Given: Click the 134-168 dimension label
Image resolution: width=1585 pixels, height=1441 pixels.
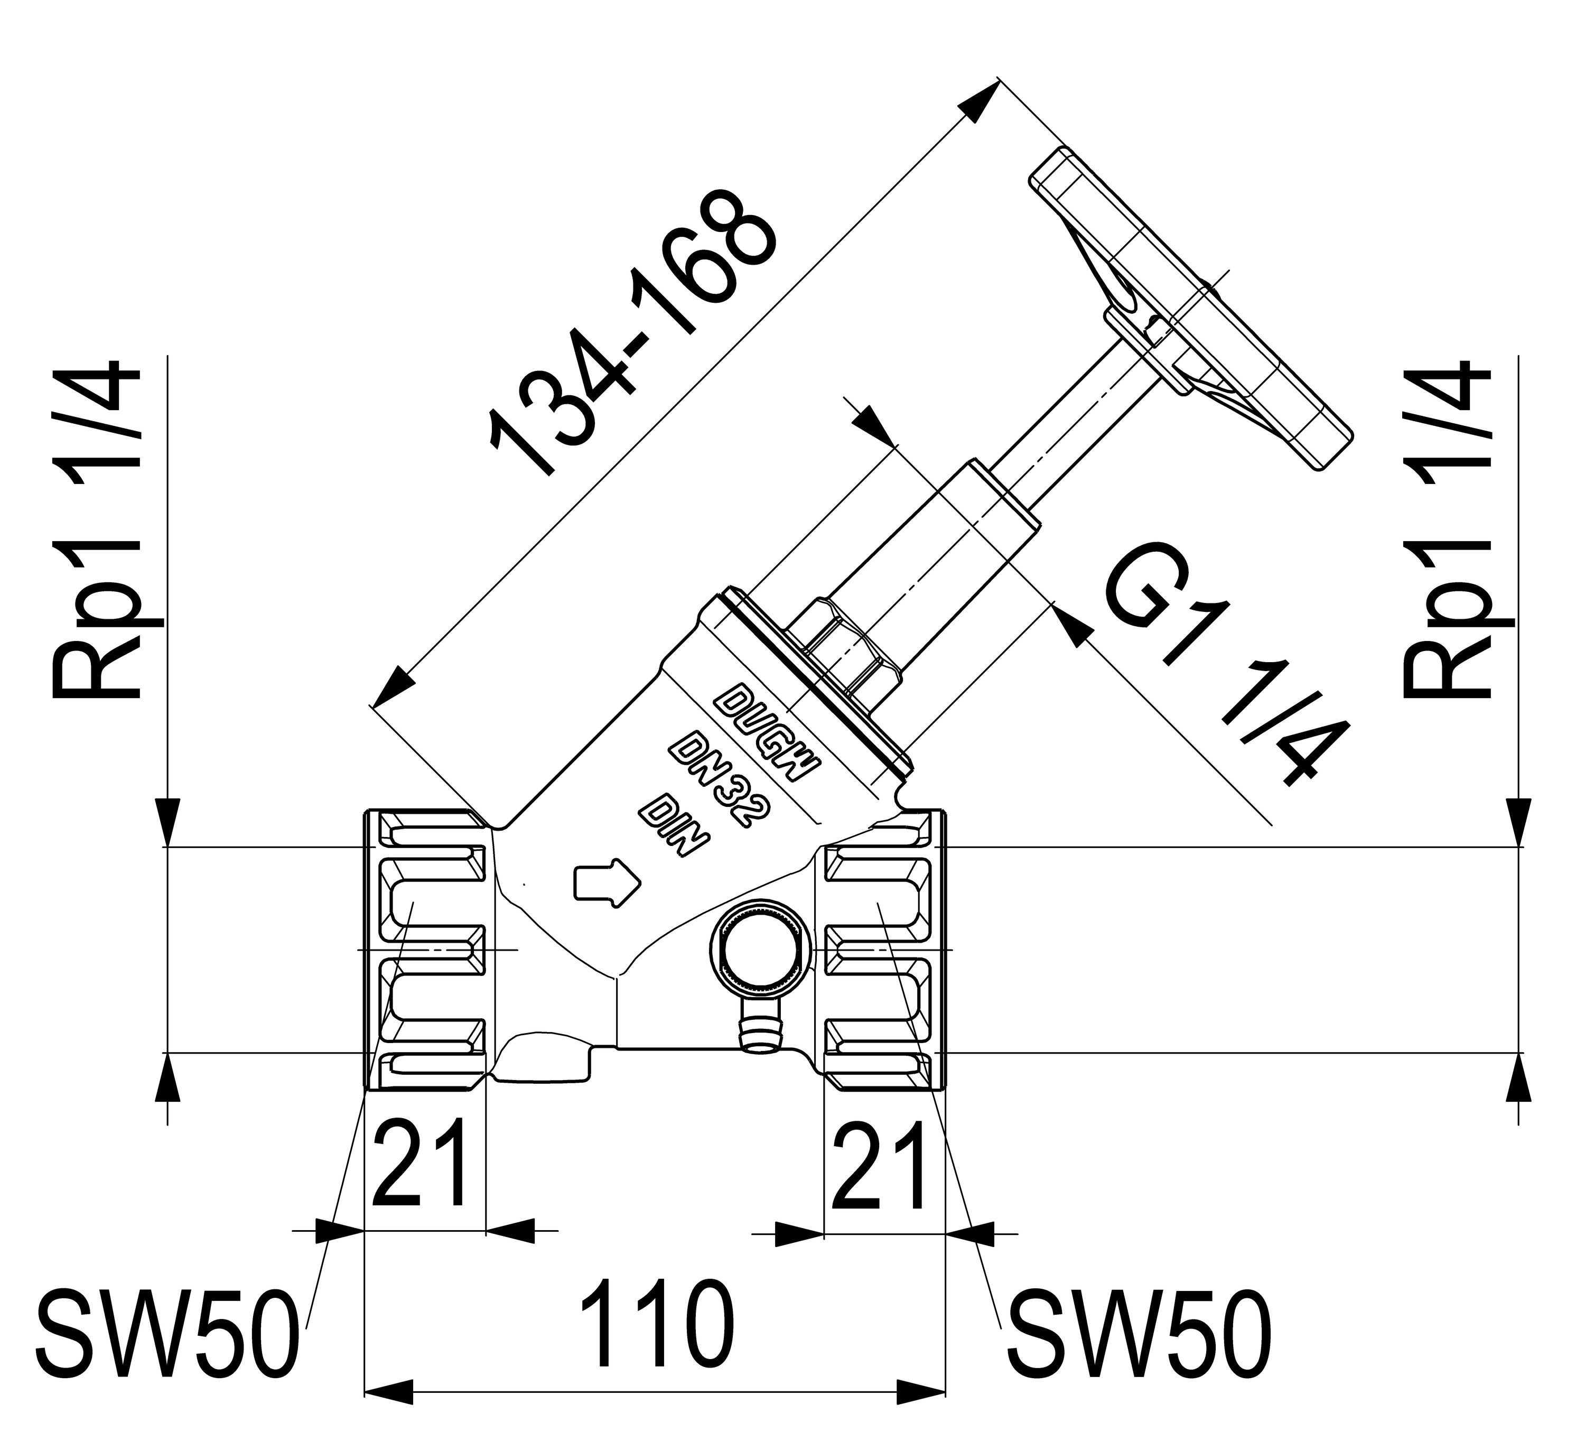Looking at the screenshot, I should pyautogui.click(x=633, y=333).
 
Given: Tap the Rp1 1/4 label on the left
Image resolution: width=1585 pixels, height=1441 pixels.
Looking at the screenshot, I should pyautogui.click(x=98, y=531).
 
